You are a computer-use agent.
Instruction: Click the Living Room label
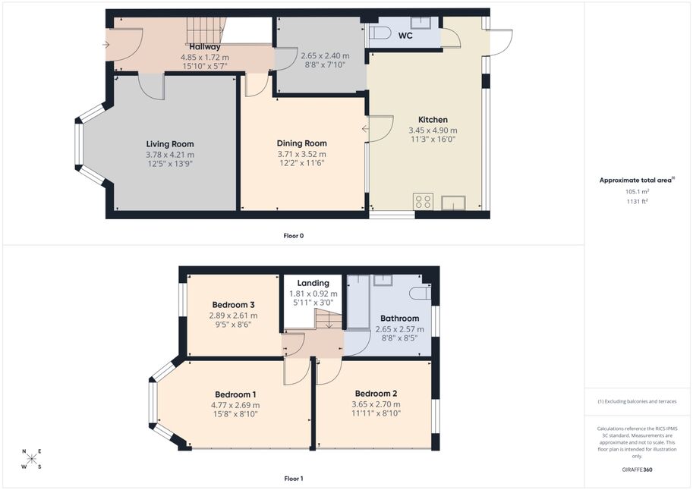170,144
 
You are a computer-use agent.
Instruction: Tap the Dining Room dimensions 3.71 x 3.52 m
302,154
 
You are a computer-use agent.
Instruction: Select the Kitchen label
433,120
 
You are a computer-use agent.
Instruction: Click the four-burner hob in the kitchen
423,202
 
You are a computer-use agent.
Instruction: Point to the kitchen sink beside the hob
453,203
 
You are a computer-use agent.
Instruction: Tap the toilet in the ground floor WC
380,33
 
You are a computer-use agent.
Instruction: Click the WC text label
405,36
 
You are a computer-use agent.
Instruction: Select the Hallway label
205,46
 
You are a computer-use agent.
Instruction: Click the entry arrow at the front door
106,44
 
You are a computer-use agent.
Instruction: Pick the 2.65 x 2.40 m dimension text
326,56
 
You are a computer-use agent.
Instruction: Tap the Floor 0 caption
294,236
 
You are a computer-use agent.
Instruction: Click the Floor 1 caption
294,479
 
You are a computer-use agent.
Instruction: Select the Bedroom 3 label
233,305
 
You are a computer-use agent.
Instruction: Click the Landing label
313,283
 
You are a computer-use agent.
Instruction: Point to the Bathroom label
399,319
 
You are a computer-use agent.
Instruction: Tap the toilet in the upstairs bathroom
421,293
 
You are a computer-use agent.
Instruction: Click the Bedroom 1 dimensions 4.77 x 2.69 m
235,405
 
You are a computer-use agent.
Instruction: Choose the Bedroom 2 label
376,394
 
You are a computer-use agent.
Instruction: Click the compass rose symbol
31,459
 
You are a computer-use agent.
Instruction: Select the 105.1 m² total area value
637,192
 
